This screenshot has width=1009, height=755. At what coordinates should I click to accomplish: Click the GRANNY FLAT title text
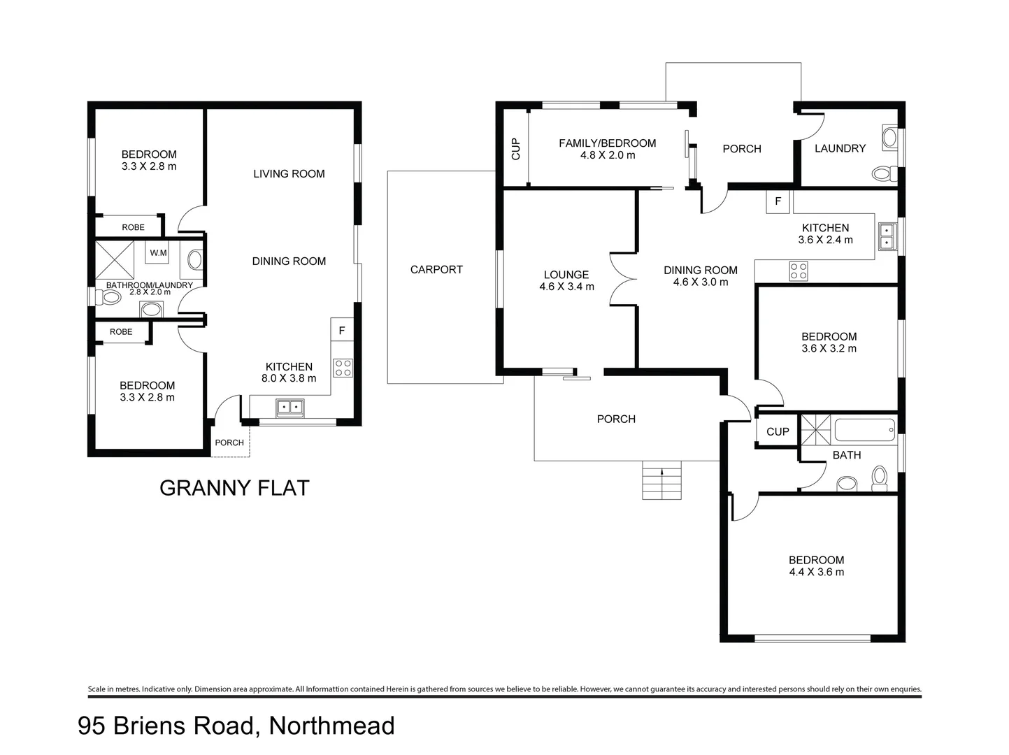tap(234, 487)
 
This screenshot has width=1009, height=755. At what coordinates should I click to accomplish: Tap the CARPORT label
tap(436, 269)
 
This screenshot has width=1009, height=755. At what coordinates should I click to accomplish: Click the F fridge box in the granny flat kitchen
tap(342, 330)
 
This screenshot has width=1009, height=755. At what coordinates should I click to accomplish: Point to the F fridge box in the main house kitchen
tap(778, 202)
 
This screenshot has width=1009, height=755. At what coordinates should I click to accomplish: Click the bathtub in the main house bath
tap(864, 429)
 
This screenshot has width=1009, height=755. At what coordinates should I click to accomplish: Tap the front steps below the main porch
tap(661, 480)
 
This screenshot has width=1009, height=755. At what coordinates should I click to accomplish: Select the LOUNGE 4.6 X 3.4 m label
tap(566, 280)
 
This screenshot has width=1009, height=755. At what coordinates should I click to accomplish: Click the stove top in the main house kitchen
tap(799, 271)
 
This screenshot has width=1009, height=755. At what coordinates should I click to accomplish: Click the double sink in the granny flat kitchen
tap(289, 406)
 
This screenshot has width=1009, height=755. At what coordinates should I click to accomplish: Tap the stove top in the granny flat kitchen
tap(343, 368)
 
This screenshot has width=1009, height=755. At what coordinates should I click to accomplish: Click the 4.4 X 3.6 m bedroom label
tap(816, 566)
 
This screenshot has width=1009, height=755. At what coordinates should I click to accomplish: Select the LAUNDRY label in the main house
tap(840, 148)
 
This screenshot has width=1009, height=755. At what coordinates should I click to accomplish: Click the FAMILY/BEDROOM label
tap(607, 149)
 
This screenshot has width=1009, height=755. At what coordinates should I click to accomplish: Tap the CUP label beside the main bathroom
tap(778, 431)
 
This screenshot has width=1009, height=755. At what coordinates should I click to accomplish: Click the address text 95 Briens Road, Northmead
tap(236, 726)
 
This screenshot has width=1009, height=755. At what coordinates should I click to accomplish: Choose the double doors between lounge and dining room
tap(622, 279)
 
